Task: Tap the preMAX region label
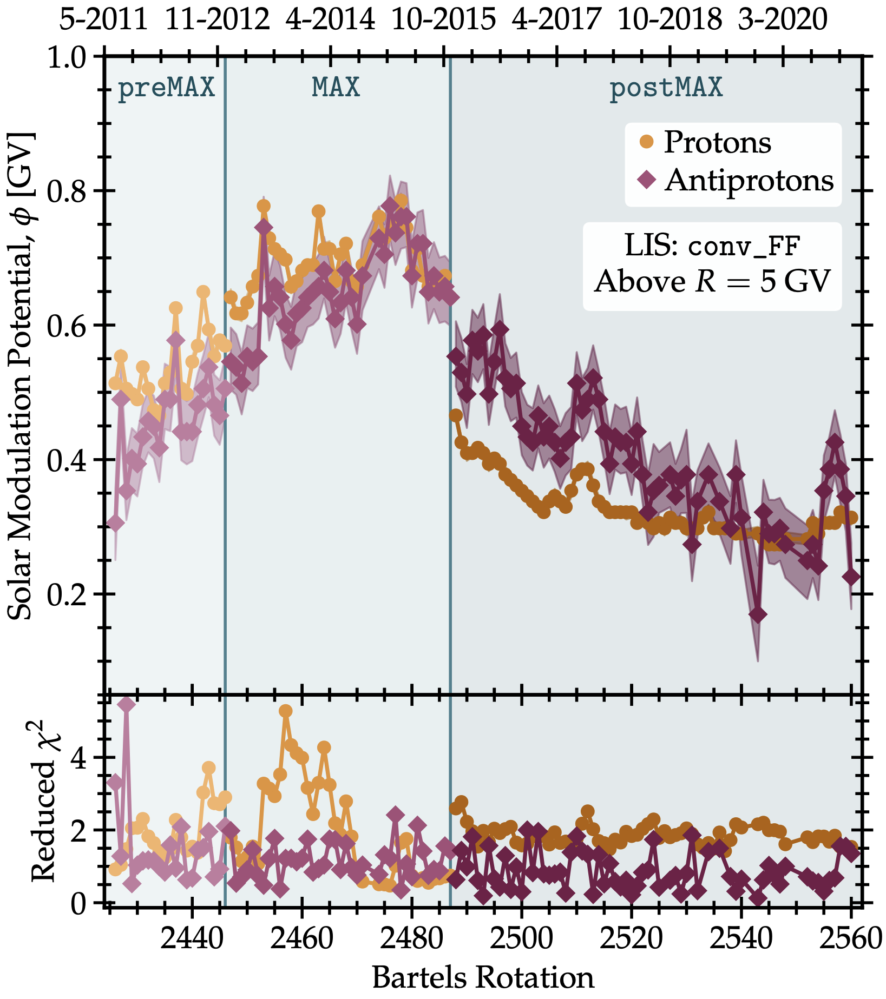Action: pyautogui.click(x=166, y=88)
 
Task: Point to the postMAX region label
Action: pyautogui.click(x=666, y=88)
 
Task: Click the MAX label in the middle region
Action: pyautogui.click(x=336, y=88)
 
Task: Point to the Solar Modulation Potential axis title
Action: pyautogui.click(x=22, y=376)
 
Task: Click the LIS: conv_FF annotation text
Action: pyautogui.click(x=712, y=247)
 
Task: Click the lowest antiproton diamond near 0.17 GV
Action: pyautogui.click(x=758, y=615)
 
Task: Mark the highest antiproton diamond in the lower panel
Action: pyautogui.click(x=126, y=704)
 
